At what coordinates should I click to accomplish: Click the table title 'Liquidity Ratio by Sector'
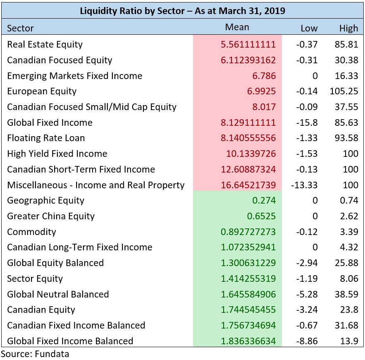(x=182, y=10)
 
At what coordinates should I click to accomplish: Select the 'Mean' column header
(x=237, y=27)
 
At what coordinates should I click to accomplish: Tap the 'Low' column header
(x=309, y=28)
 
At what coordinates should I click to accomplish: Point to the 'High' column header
(x=348, y=28)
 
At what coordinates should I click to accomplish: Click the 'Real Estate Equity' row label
(x=45, y=44)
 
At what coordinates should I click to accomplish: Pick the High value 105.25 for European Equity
(x=344, y=91)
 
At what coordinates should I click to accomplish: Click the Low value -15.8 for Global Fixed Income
(x=307, y=122)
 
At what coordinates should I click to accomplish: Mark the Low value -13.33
(x=304, y=185)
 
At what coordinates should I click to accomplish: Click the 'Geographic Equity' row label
(x=45, y=201)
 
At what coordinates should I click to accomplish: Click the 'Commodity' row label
(x=31, y=232)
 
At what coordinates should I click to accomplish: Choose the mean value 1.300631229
(x=248, y=263)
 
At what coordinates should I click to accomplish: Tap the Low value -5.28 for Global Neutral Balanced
(x=307, y=294)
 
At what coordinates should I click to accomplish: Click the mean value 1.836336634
(x=248, y=341)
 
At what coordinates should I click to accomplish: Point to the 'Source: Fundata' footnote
(x=35, y=354)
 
